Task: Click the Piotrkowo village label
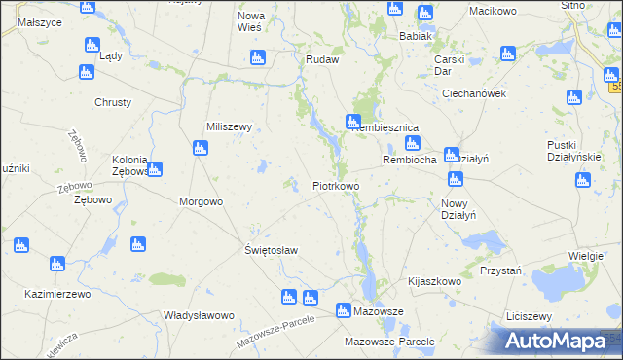[x=336, y=185]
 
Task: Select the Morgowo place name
[x=202, y=201]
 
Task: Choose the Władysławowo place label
[x=199, y=315]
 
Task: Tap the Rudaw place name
[x=322, y=59]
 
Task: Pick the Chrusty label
[x=113, y=102]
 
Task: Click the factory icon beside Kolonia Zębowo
[x=155, y=169]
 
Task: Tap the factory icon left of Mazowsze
[x=343, y=310]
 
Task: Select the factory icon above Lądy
[x=92, y=45]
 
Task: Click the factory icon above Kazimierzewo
[x=56, y=264]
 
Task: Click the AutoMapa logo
[x=561, y=341]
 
